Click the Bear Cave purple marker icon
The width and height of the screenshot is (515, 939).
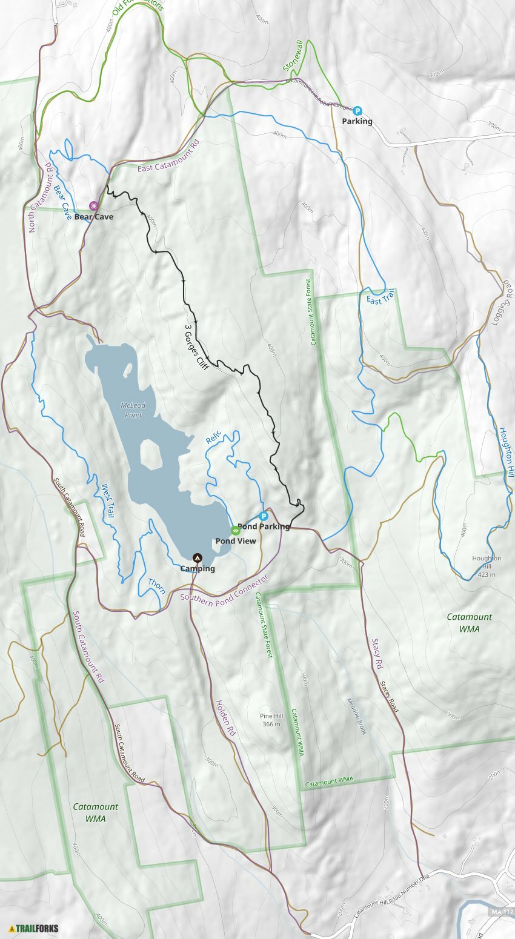coord(93,206)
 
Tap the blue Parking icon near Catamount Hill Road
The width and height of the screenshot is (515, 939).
coord(357,111)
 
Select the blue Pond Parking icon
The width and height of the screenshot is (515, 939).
coord(264,516)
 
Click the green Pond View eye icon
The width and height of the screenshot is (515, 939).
coord(236,530)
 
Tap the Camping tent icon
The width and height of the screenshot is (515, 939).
coord(197,557)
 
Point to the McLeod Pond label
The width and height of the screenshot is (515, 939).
coord(131,410)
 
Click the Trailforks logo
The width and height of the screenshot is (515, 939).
coord(34,927)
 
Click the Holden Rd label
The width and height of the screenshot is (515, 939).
coord(225,718)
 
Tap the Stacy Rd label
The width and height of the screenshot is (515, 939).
coord(377,654)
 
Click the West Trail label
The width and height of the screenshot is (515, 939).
coord(107,500)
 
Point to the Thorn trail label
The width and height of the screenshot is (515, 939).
coord(156,586)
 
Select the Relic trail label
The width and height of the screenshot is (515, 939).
coord(213,437)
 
